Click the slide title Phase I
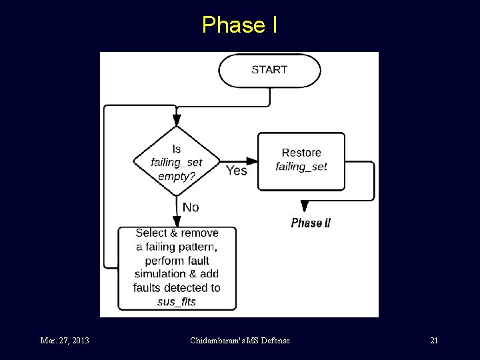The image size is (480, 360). click(239, 25)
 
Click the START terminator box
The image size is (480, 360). click(269, 70)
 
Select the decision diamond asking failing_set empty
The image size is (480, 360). click(177, 162)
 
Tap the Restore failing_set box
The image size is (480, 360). click(301, 161)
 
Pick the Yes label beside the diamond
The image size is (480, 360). click(236, 171)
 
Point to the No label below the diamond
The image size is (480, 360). click(191, 207)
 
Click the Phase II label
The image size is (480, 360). click(311, 223)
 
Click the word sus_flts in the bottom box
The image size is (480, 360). click(177, 302)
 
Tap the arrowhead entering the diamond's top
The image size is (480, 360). click(177, 121)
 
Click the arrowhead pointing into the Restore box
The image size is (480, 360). click(253, 161)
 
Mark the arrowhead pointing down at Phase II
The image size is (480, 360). click(305, 206)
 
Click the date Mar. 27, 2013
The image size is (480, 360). click(64, 341)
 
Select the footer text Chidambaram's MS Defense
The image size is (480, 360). click(239, 341)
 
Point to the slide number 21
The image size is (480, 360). click(434, 341)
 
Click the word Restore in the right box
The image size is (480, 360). click(301, 153)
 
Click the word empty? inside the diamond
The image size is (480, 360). click(177, 177)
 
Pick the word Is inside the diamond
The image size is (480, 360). click(177, 149)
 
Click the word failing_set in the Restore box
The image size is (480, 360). click(301, 167)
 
